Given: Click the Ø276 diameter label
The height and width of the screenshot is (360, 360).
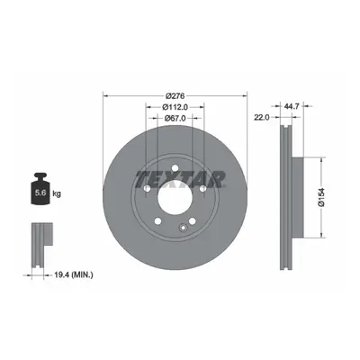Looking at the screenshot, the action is (x=175, y=96).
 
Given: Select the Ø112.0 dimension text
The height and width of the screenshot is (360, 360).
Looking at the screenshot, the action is (x=175, y=107).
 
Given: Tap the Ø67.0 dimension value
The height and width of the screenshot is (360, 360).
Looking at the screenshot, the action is (x=175, y=118).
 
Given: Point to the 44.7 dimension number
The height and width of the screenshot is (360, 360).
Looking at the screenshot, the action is (x=292, y=106).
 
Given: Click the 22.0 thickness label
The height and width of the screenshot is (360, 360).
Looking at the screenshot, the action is (x=262, y=118).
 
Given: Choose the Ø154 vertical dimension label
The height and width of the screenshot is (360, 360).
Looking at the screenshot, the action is (x=321, y=197).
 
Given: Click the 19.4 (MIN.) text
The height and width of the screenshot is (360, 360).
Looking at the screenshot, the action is (x=74, y=274).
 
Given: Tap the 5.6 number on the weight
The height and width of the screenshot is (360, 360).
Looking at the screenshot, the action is (x=40, y=193).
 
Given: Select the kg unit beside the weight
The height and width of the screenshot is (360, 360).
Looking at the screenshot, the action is (x=57, y=193).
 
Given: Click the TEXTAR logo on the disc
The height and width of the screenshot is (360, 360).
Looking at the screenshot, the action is (x=181, y=179).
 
